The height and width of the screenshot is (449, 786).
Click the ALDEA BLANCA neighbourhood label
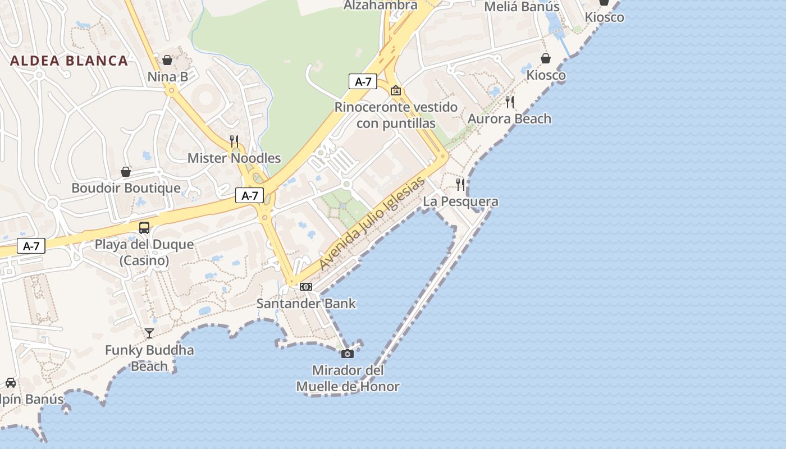[69, 61]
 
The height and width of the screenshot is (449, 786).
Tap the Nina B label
[167, 76]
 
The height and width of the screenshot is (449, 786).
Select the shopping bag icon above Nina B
[167, 60]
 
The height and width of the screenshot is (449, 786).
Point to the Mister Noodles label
[234, 158]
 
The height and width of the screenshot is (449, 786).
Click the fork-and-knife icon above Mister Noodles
[234, 141]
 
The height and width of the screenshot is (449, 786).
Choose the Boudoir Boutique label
[126, 188]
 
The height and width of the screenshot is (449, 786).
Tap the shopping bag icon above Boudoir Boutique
[126, 172]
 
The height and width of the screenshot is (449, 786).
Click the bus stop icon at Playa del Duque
[144, 227]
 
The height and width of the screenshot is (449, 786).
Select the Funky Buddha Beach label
[149, 358]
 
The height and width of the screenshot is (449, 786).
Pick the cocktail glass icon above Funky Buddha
[149, 333]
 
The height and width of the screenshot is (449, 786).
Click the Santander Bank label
[306, 303]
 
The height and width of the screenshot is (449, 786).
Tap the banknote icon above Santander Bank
[306, 287]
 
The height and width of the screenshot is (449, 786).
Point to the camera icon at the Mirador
[348, 354]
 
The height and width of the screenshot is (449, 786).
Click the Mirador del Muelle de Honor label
[348, 378]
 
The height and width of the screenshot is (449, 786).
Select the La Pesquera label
[460, 201]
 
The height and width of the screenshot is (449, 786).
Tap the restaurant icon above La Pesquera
[460, 184]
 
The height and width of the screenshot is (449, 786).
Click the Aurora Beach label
[509, 118]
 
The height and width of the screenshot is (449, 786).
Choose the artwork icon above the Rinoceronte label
[396, 90]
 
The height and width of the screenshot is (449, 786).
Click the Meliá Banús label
[522, 7]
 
